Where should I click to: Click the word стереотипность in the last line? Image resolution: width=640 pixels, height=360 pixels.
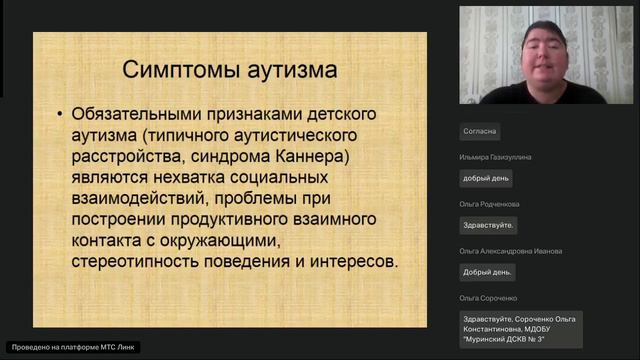[131, 261]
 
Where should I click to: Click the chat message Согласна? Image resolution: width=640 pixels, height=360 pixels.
[480, 131]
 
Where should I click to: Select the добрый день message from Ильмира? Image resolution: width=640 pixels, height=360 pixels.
[486, 178]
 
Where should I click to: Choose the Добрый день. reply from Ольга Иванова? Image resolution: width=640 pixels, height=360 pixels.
[487, 272]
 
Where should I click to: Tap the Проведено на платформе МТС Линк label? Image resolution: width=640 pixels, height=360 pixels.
[70, 347]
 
